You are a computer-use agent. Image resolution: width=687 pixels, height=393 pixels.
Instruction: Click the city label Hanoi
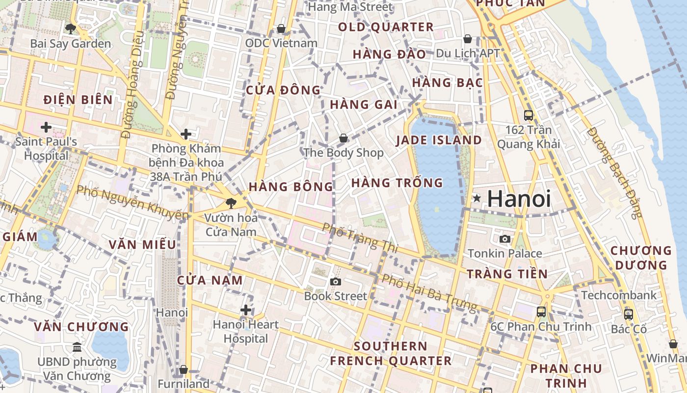pyautogui.click(x=519, y=199)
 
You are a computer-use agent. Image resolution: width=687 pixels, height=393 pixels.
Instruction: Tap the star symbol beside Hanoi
pyautogui.click(x=476, y=198)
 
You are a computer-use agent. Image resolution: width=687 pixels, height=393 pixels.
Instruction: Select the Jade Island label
pyautogui.click(x=439, y=140)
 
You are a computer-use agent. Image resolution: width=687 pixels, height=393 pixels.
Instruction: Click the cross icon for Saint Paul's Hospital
pyautogui.click(x=46, y=127)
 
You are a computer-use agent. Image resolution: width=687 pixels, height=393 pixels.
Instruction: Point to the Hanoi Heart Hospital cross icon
pyautogui.click(x=246, y=310)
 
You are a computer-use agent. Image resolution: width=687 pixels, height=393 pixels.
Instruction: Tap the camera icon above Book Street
pyautogui.click(x=336, y=281)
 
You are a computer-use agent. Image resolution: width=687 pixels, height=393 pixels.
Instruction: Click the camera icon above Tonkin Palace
pyautogui.click(x=504, y=239)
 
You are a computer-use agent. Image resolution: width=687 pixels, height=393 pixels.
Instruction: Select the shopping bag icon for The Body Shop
pyautogui.click(x=343, y=138)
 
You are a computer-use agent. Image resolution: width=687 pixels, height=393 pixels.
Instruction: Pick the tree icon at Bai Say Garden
pyautogui.click(x=71, y=28)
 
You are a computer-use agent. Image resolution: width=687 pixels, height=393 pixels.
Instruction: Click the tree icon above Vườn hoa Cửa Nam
pyautogui.click(x=231, y=203)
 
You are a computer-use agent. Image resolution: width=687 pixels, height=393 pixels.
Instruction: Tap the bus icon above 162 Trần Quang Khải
pyautogui.click(x=528, y=115)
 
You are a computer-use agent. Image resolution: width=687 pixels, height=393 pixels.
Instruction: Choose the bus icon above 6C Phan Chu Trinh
pyautogui.click(x=541, y=311)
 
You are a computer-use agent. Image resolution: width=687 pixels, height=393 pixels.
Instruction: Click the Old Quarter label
pyautogui.click(x=386, y=27)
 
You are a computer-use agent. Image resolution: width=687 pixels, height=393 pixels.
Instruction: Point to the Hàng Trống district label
pyautogui.click(x=397, y=183)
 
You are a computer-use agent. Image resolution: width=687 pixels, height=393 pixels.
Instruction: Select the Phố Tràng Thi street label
pyautogui.click(x=360, y=238)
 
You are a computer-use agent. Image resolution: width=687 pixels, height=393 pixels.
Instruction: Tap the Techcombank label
pyautogui.click(x=618, y=295)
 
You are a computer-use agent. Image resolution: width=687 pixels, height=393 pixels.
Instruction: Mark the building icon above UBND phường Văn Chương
pyautogui.click(x=77, y=347)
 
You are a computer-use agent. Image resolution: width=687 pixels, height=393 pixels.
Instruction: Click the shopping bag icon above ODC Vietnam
pyautogui.click(x=281, y=28)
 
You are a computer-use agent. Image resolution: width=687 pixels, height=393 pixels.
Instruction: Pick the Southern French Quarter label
pyautogui.click(x=391, y=353)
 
